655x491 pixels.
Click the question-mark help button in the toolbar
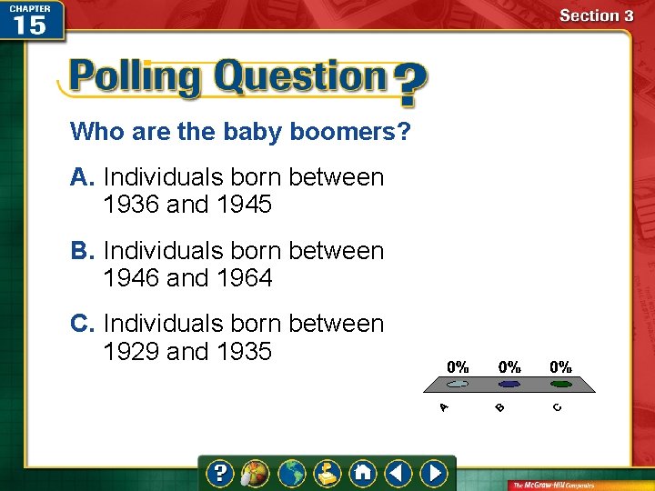pyautogui.click(x=219, y=474)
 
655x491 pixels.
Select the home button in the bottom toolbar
pyautogui.click(x=362, y=474)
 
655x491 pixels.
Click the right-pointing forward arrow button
pyautogui.click(x=435, y=474)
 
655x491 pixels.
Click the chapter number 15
pyautogui.click(x=30, y=25)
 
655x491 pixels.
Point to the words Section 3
pyautogui.click(x=595, y=15)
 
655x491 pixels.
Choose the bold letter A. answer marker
pyautogui.click(x=83, y=176)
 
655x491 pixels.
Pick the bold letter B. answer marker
pyautogui.click(x=83, y=250)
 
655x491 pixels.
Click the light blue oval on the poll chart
pyautogui.click(x=458, y=384)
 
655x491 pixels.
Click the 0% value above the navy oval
pyautogui.click(x=509, y=367)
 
